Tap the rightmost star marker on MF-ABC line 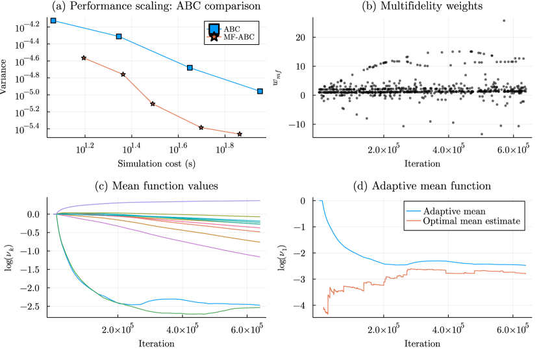coord(240,134)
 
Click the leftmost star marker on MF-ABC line coord(84,58)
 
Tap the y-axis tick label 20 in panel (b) coord(300,38)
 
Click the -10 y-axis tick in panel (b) coord(297,123)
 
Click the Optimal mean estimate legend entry coord(470,222)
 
